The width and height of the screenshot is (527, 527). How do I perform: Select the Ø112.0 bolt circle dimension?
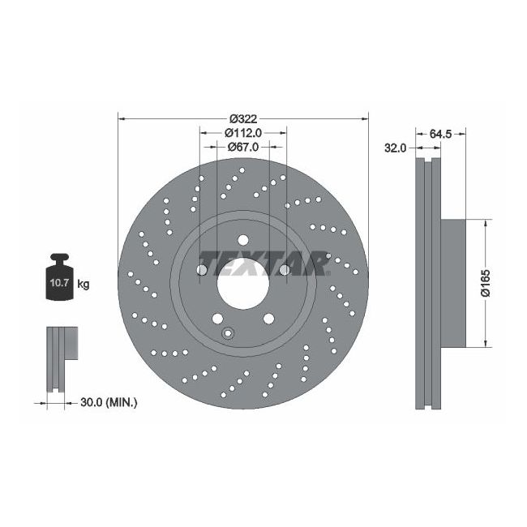[242, 133]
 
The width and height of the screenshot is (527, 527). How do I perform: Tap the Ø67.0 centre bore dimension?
[242, 147]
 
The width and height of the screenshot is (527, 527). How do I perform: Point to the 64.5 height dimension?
[440, 133]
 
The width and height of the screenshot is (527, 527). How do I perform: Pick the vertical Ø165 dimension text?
[484, 281]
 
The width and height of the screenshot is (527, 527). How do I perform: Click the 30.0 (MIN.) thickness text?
[109, 401]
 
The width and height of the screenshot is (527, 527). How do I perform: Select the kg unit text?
[84, 284]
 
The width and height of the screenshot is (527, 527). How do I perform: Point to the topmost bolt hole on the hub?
[242, 238]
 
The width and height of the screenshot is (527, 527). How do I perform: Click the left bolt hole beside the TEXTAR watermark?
[201, 268]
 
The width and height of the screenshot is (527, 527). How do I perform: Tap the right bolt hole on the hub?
[285, 268]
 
